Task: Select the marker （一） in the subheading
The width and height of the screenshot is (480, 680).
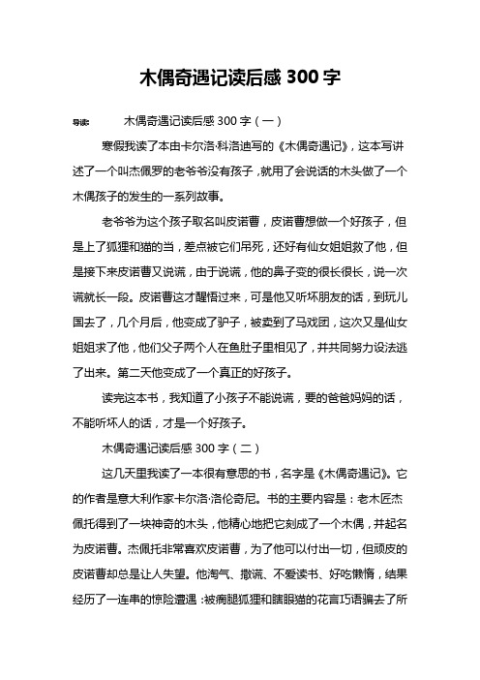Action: [267, 123]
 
